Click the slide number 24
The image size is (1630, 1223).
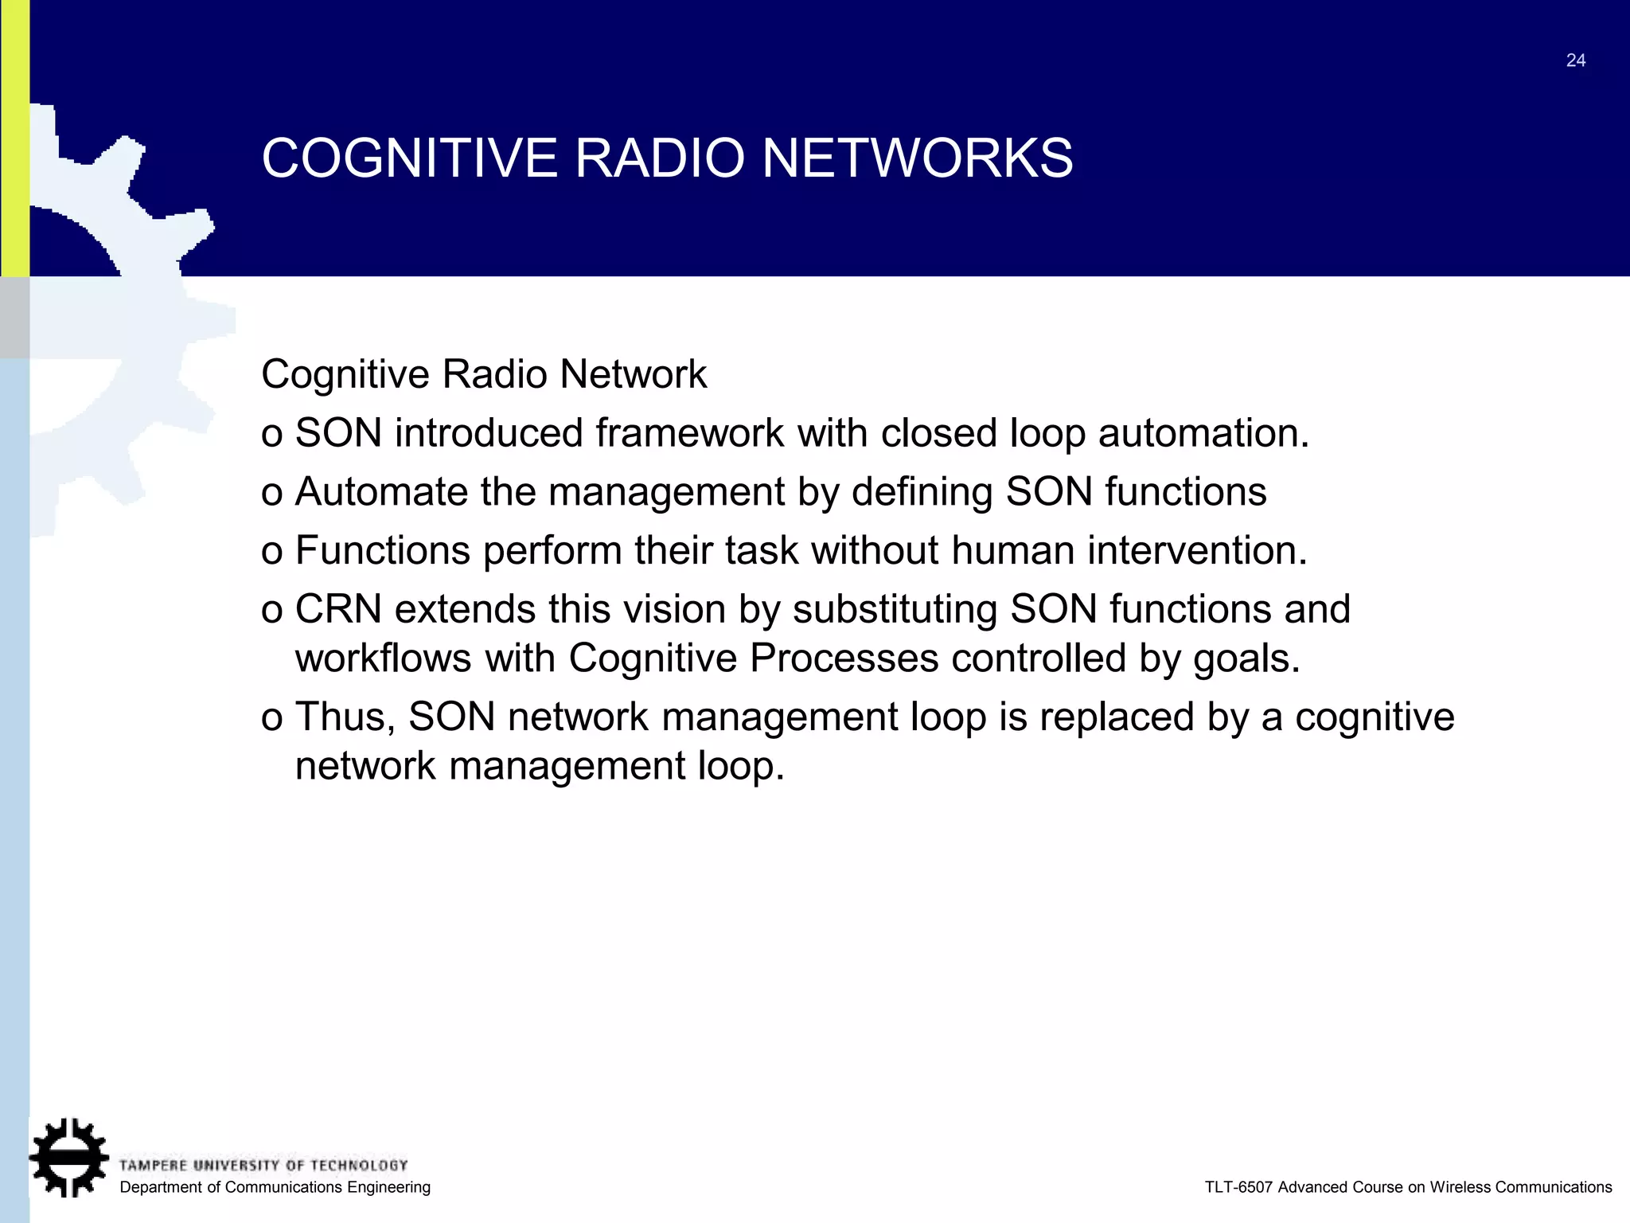tap(1575, 61)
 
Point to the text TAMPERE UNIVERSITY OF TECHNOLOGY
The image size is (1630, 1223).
tap(263, 1166)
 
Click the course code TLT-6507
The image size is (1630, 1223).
tap(1238, 1187)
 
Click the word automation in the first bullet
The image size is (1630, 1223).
tap(1203, 434)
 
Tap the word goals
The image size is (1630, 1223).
tap(1246, 659)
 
